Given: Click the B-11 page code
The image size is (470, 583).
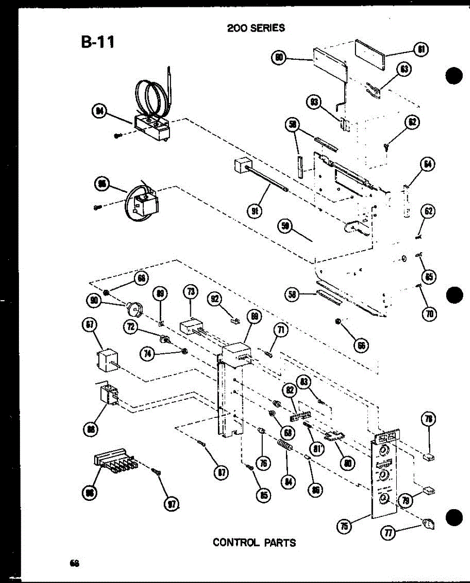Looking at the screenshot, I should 98,42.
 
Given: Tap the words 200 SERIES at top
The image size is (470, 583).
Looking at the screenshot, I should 256,28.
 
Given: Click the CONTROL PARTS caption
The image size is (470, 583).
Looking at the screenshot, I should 254,542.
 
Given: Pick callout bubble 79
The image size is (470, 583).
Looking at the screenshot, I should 404,500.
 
